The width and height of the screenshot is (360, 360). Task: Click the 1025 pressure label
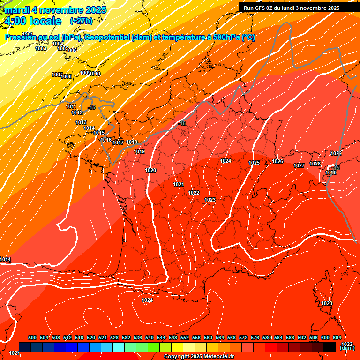coord(254,163)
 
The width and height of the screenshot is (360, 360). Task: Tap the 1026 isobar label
coord(277,162)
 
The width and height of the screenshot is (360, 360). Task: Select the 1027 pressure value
coord(299,165)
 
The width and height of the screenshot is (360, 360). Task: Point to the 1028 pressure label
coord(315,164)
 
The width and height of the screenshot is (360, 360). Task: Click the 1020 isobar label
coord(150,170)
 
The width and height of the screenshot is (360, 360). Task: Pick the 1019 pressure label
coord(139,151)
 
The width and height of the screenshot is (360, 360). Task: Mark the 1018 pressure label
coord(132,142)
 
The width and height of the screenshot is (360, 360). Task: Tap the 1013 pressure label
coord(81,122)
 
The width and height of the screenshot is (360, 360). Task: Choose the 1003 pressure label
coord(41,48)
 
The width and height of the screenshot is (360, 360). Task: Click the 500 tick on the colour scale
coord(32,337)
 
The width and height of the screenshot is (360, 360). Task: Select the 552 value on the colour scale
coord(185,337)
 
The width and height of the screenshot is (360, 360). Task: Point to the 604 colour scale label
coord(337,337)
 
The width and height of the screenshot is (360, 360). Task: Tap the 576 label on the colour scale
coord(255,337)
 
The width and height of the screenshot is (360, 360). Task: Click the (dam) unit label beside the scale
coord(347,348)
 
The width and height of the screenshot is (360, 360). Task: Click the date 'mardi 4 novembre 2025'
coord(55,10)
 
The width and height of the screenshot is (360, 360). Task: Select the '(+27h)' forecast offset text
coord(81,21)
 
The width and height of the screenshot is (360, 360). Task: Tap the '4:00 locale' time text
coord(32,21)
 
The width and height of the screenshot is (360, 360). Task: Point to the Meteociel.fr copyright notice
coord(199,357)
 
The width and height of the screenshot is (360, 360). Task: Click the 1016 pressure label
coord(106,140)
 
